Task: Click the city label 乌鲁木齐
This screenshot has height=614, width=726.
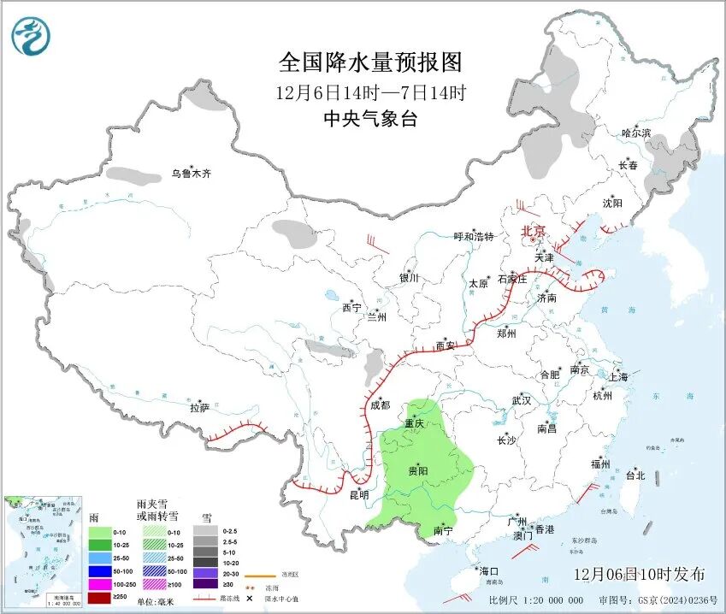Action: coord(190,174)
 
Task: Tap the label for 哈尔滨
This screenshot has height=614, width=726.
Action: coord(636,133)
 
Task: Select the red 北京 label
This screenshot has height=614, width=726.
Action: coord(534,230)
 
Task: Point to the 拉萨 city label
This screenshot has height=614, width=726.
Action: coord(199,408)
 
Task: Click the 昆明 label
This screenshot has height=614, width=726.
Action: coord(359,494)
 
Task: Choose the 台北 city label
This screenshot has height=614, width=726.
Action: coord(635,475)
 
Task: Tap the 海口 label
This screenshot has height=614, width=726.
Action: coord(488,570)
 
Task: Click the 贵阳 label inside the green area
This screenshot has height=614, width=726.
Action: coord(418,471)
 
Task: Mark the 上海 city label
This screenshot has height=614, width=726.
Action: coord(617,376)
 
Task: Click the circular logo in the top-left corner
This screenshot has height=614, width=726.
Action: coord(31,36)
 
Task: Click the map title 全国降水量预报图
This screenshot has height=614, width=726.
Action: coord(370,62)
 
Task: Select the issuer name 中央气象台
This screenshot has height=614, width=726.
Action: coord(370,119)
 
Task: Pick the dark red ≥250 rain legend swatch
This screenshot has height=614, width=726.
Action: coord(102,597)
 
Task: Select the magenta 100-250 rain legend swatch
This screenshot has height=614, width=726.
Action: coord(102,583)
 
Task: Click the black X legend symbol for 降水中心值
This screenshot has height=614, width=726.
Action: coord(249,597)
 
